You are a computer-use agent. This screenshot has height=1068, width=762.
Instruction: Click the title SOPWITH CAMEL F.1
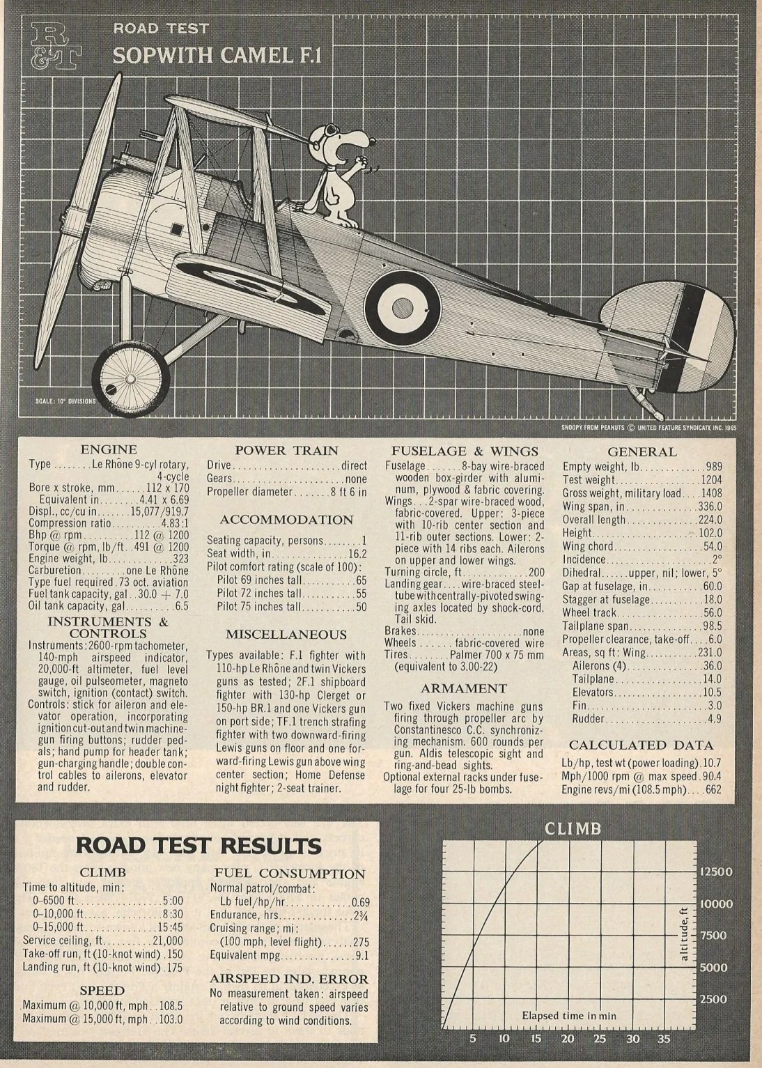click(x=217, y=56)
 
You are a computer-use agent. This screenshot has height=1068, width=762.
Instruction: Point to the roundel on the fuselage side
click(x=403, y=305)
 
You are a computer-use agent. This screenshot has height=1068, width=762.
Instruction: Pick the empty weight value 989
click(x=713, y=467)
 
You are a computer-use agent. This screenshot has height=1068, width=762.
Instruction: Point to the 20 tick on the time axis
click(x=568, y=1039)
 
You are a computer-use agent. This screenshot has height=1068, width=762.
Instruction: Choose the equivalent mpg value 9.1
click(x=361, y=956)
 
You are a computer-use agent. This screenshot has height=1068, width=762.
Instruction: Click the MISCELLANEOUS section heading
click(x=286, y=634)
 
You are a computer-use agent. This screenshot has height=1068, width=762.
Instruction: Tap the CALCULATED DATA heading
click(x=642, y=745)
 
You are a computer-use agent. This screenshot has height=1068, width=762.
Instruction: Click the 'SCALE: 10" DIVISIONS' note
click(x=66, y=401)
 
